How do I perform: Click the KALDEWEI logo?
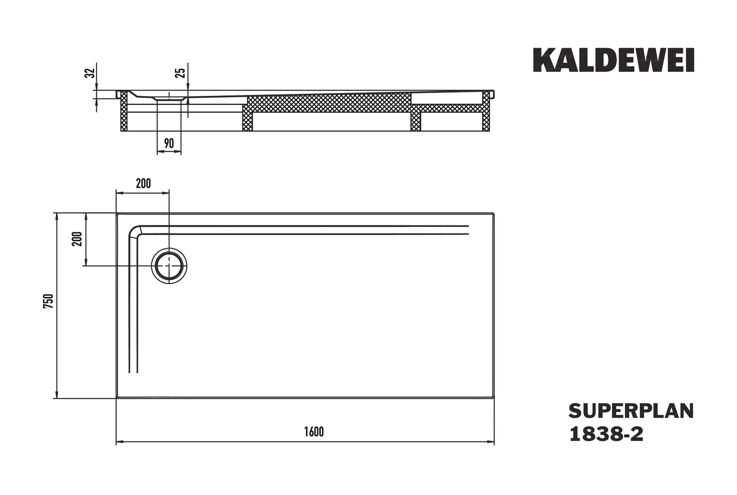point(614,60)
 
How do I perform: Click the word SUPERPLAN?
point(631,411)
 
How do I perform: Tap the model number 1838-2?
point(606,434)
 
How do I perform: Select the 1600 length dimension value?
point(314,431)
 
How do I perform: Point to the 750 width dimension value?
point(48,301)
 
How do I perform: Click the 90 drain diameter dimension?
point(169,143)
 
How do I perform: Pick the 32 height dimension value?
point(90,73)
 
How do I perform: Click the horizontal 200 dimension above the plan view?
point(143,183)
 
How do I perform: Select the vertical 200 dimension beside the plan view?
point(77,239)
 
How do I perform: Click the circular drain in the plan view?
point(169,266)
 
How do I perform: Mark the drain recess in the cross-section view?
point(169,97)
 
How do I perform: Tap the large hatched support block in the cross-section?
point(329,103)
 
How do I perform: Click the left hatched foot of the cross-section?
point(124,111)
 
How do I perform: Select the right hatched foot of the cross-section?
point(486,111)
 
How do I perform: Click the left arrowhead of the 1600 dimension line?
point(119,441)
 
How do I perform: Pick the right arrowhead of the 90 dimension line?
point(178,152)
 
